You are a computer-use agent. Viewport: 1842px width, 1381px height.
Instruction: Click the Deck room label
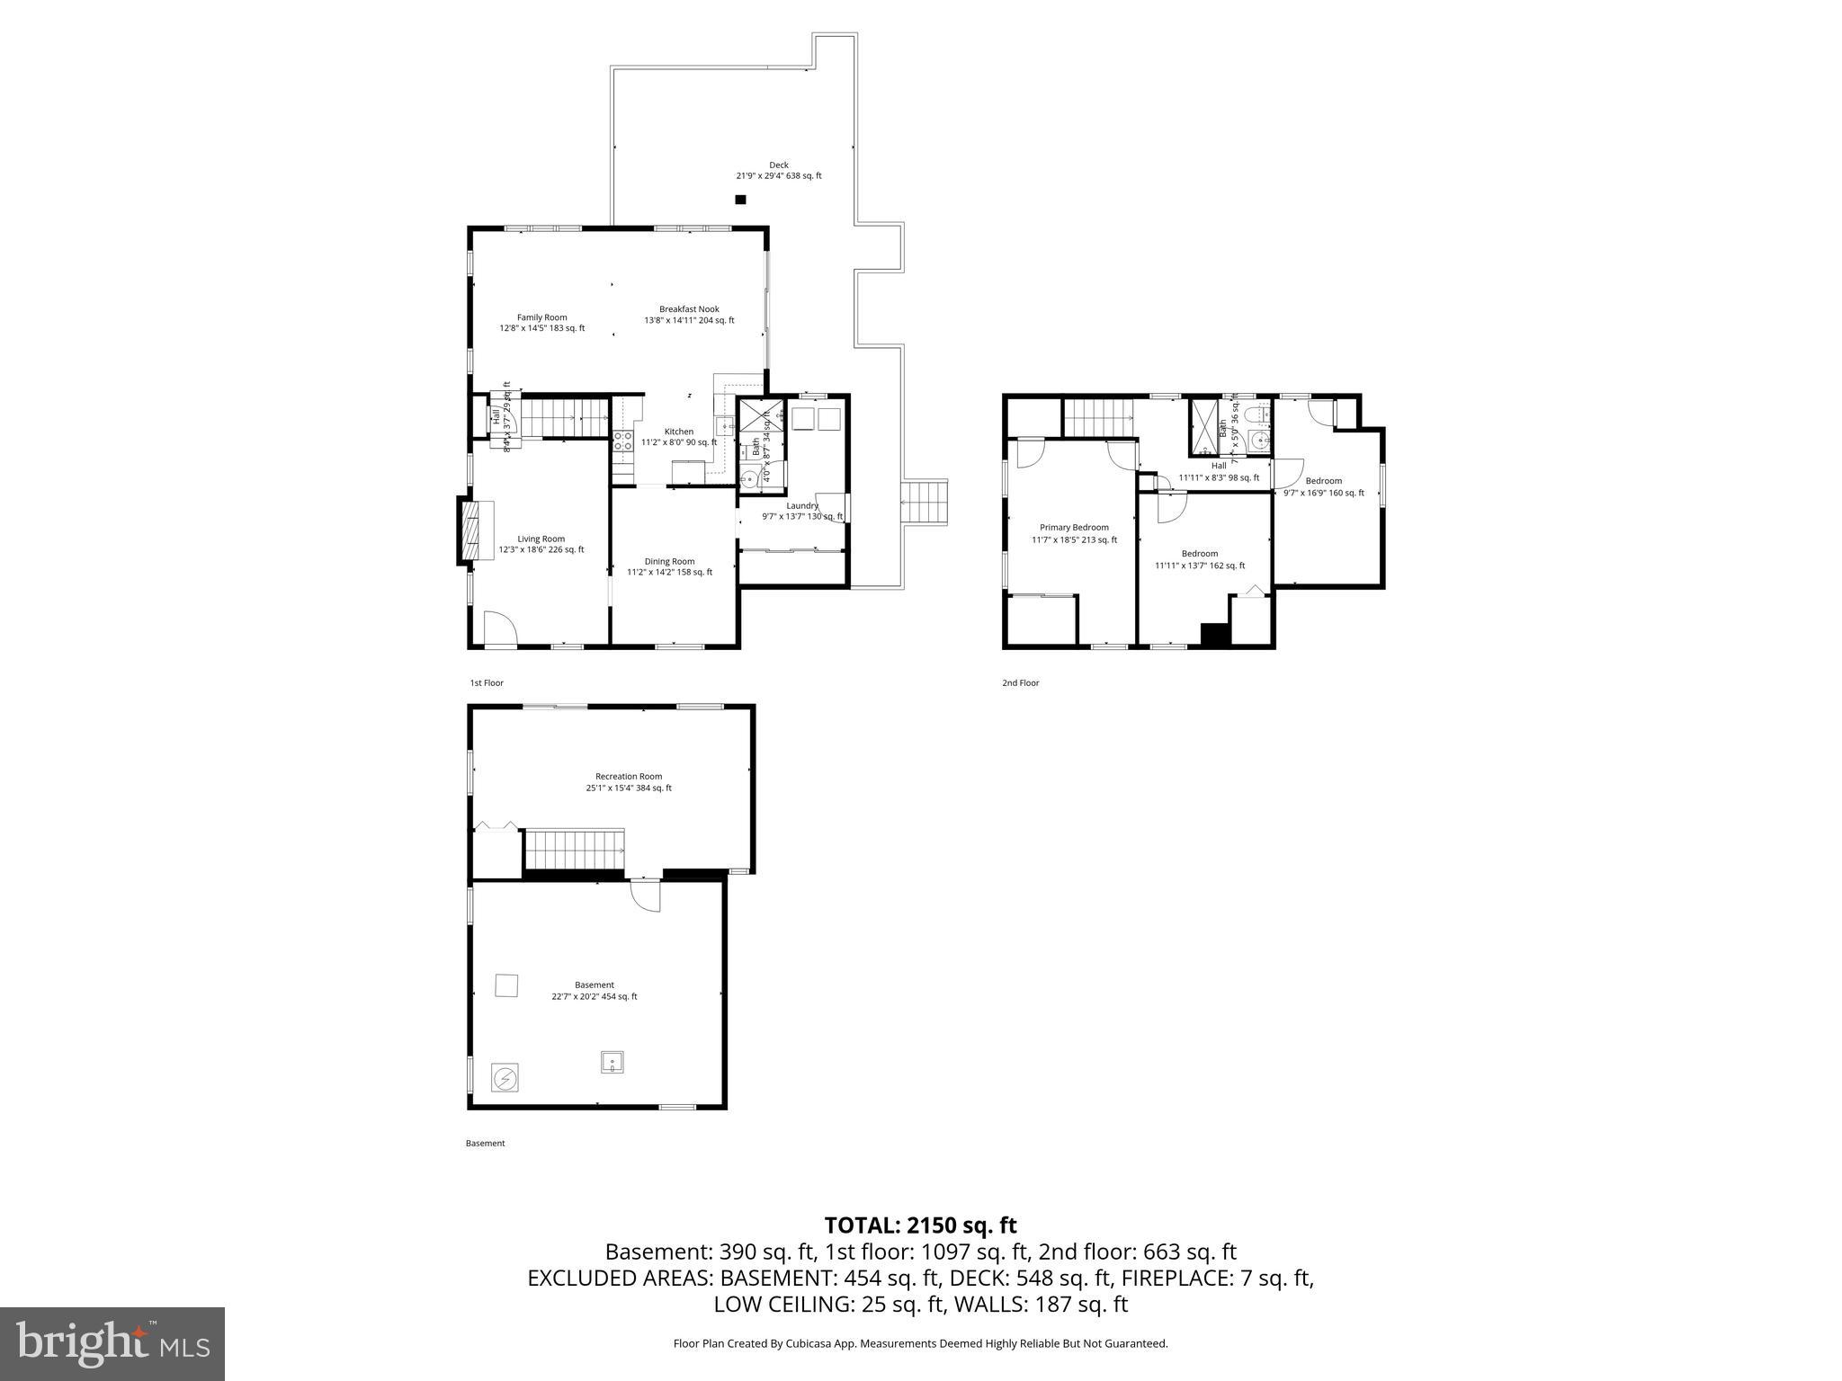[778, 170]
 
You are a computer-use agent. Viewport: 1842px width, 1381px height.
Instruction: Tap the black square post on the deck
[740, 200]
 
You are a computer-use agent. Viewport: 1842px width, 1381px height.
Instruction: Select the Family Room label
[541, 323]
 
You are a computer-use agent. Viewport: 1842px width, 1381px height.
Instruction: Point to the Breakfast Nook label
[689, 315]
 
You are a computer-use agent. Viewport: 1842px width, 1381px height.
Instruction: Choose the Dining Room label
[669, 566]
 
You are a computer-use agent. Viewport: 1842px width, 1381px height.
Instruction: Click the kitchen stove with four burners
[622, 441]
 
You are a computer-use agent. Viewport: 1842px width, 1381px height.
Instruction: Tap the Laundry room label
[802, 511]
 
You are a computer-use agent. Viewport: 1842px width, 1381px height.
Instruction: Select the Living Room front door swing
[499, 628]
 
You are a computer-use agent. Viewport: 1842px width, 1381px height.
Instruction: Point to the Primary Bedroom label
[1074, 533]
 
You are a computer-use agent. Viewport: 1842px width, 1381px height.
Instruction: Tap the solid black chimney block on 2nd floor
[1214, 634]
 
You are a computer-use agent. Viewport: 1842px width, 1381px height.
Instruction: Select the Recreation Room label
[629, 781]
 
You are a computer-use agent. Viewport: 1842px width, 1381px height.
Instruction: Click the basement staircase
[574, 850]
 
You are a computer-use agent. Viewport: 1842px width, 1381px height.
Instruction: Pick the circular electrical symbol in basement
[505, 1077]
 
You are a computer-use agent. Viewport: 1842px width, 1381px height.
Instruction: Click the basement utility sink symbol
[613, 1062]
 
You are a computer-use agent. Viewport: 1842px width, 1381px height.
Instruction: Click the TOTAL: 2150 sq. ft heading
[920, 1225]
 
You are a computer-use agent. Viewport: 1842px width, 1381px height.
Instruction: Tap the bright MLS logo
[112, 1343]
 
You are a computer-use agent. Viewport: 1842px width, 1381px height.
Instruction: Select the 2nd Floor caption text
[1020, 683]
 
